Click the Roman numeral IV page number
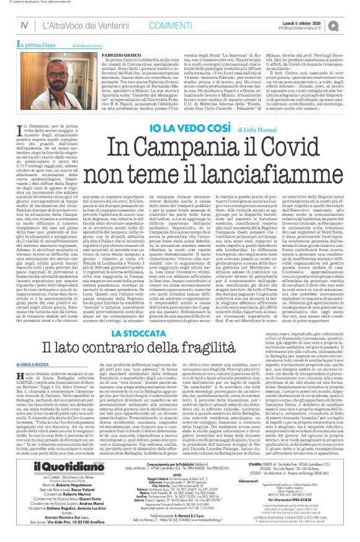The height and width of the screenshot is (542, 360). [x=24, y=25]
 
